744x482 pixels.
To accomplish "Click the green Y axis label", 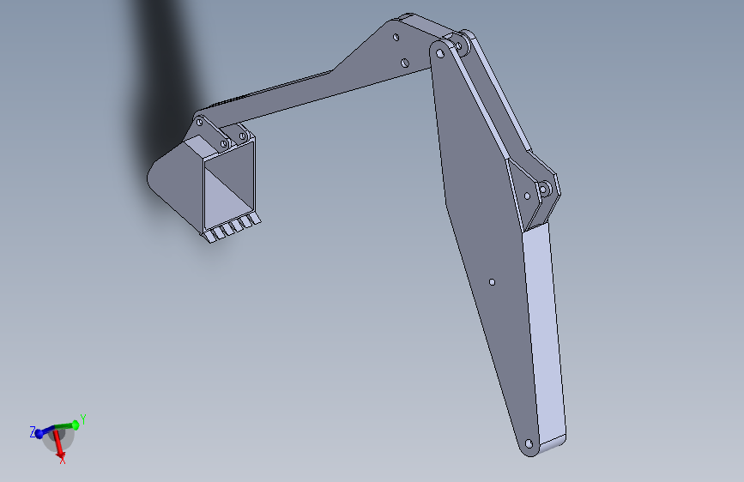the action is click(83, 419).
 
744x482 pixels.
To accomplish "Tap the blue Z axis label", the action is click(33, 431).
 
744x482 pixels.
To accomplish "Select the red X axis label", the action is click(62, 459).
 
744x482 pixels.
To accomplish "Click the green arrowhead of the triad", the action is click(75, 425).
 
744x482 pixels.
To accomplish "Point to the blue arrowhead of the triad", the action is click(39, 434).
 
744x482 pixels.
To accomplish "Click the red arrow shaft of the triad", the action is click(57, 441).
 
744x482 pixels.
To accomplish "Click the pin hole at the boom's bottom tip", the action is click(529, 444).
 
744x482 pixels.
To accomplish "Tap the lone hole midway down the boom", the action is click(492, 282).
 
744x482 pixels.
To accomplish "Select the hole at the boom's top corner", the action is click(440, 54).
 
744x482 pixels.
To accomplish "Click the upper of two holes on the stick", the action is click(396, 37).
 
